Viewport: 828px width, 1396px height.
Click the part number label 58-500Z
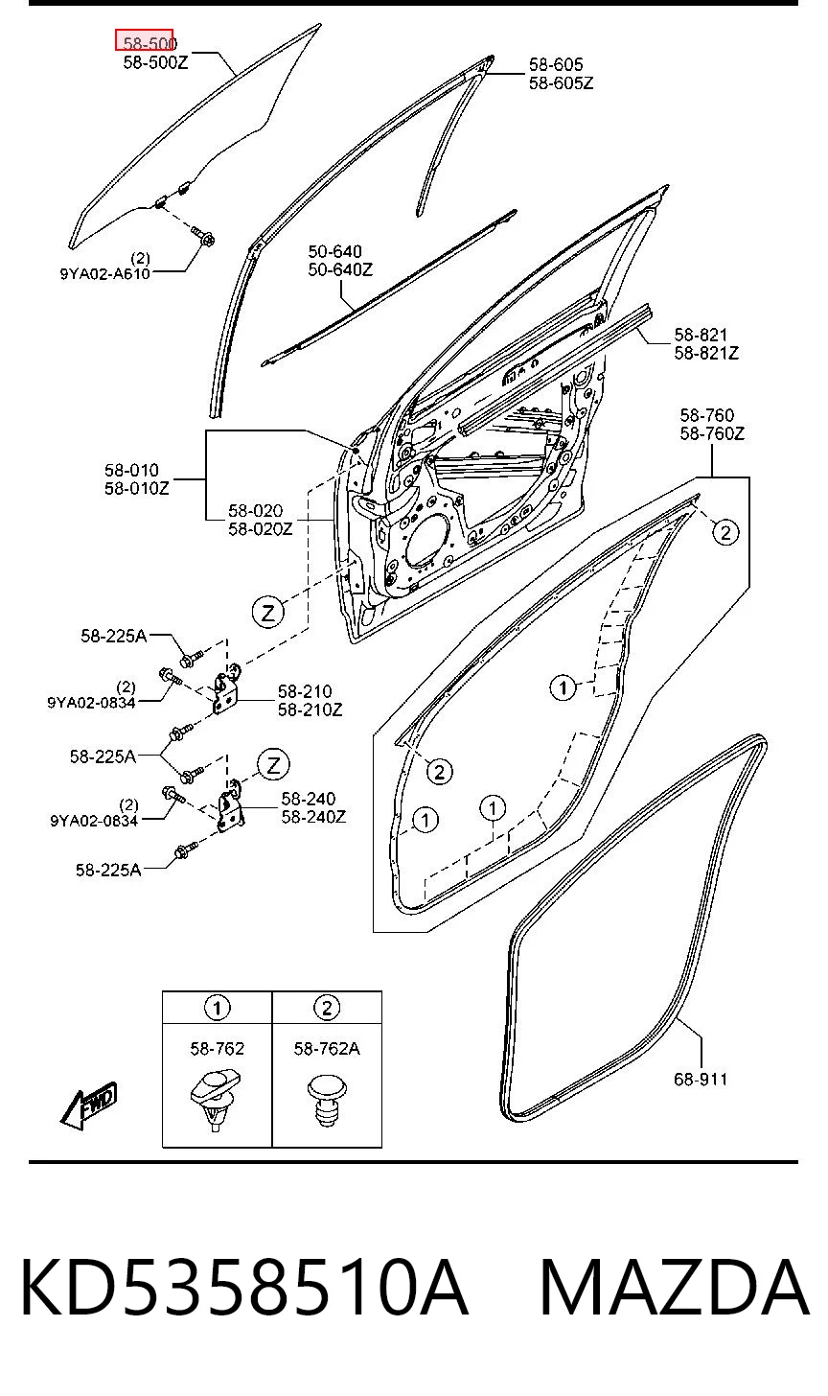click(155, 62)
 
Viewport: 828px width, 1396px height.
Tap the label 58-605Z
click(561, 82)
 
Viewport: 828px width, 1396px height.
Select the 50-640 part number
click(334, 252)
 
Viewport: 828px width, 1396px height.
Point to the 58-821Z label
click(706, 353)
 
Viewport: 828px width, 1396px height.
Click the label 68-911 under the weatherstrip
click(701, 1079)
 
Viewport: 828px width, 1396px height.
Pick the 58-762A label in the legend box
click(327, 1049)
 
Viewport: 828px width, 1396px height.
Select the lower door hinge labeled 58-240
click(231, 806)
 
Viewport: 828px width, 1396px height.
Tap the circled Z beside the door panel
click(268, 612)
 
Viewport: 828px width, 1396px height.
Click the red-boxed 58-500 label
click(144, 40)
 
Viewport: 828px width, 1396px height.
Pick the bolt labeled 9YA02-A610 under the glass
click(203, 237)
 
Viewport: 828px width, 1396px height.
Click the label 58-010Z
click(136, 488)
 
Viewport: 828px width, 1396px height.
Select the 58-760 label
click(706, 415)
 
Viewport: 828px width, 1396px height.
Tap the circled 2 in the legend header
click(327, 1008)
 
